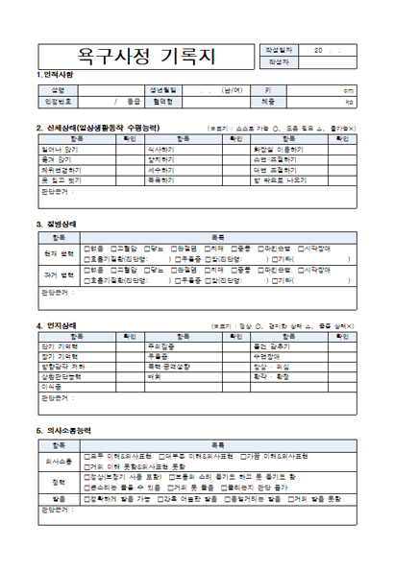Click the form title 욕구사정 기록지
tap(143, 54)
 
